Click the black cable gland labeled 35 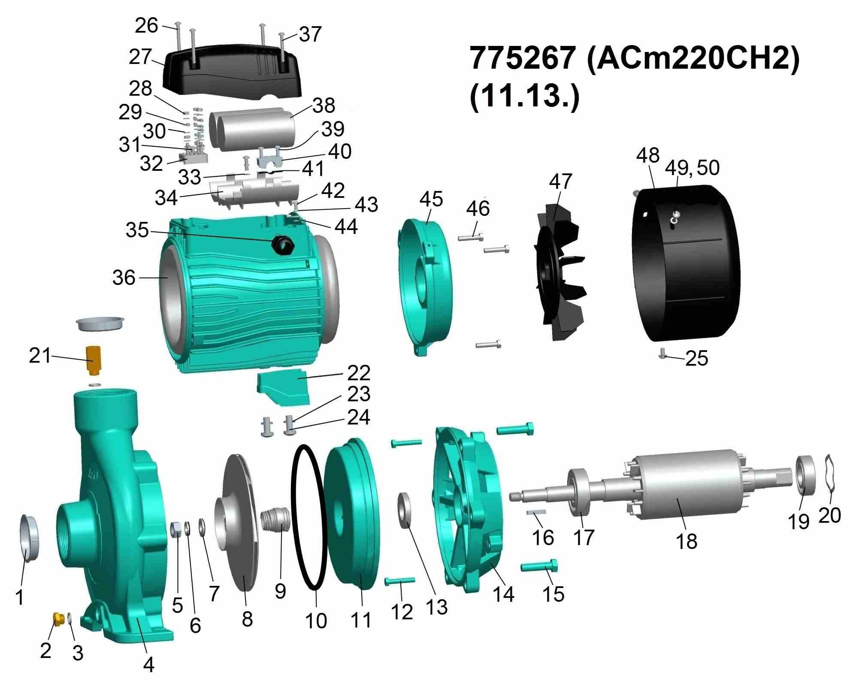(x=283, y=244)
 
